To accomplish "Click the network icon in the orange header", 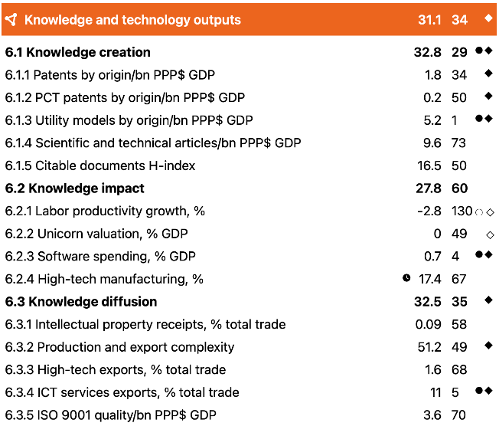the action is point(11,20).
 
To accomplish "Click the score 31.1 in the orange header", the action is point(429,20).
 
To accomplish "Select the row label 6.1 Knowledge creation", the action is point(77,52).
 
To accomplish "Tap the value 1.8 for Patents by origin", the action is point(433,75).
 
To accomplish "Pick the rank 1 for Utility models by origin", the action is point(454,120).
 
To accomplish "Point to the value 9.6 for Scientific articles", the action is point(432,143).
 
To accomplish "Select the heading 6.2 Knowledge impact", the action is point(75,188).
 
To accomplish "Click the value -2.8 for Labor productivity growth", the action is point(429,211).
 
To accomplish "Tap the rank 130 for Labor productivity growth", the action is point(461,211).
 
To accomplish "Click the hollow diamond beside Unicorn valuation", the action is point(490,235).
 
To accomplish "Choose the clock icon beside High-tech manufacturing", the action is point(406,278).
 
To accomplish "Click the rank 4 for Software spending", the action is point(455,257).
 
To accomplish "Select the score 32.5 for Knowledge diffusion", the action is point(427,302).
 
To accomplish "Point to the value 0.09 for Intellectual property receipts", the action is point(428,324).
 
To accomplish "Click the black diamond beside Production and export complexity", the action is point(488,346).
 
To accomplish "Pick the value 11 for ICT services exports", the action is point(436,392).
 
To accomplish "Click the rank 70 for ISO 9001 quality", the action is point(458,415).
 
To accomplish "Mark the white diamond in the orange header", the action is point(488,18).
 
